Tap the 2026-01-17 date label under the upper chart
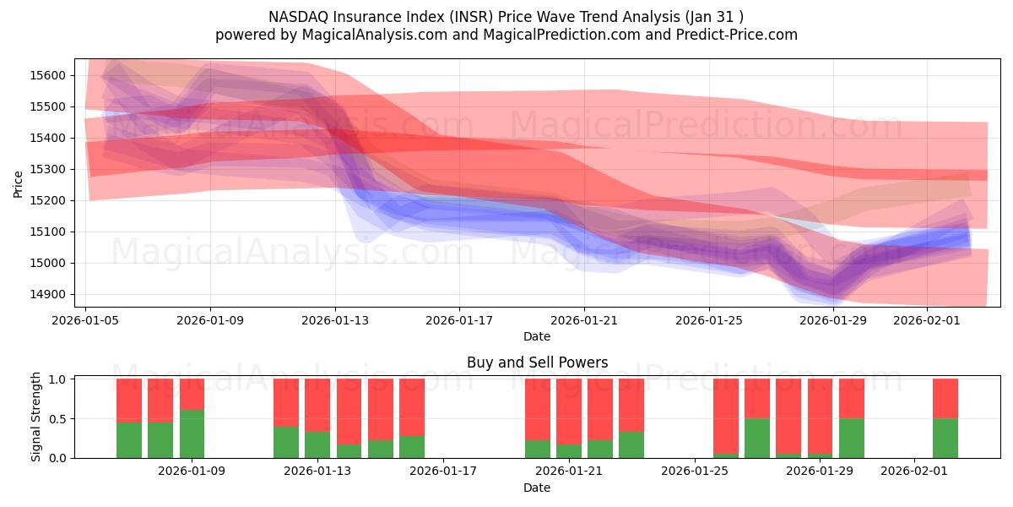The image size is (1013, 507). pos(459,320)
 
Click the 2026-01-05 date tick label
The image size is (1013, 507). pos(86,320)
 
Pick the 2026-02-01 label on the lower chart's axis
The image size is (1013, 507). pos(914,472)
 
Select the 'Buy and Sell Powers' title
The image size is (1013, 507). pos(537,363)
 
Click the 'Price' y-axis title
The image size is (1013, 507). pos(19,183)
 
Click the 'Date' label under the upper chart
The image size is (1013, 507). pos(537,336)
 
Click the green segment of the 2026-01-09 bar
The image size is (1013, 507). pos(192,433)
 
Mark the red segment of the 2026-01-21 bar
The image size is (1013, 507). pos(568,411)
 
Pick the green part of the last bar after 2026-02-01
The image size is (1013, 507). pos(945,438)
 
